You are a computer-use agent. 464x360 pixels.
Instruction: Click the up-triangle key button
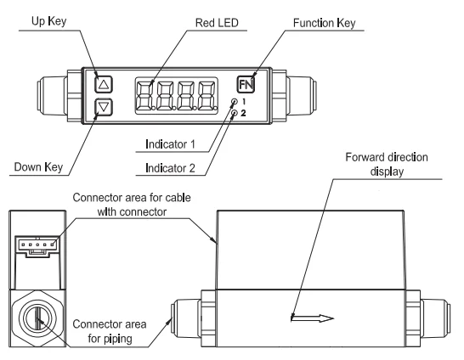point(104,85)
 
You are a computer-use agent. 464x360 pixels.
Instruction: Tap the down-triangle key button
point(104,107)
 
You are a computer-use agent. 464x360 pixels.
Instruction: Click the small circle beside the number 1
point(235,102)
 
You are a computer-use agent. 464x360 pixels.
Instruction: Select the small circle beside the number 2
point(235,113)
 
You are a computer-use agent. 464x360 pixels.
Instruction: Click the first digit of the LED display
point(144,95)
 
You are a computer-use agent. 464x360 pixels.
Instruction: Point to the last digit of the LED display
point(207,95)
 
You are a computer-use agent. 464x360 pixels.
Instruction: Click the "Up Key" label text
point(48,21)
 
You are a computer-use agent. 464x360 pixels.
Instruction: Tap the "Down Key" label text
point(38,167)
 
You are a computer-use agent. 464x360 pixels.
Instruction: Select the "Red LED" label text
point(217,23)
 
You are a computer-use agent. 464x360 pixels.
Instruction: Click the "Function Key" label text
point(324,23)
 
